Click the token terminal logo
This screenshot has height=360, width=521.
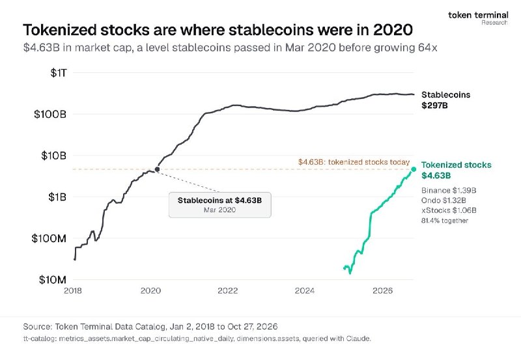478,18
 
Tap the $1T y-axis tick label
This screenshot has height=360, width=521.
59,73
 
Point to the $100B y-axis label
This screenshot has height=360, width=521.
50,114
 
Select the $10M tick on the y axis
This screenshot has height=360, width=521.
53,280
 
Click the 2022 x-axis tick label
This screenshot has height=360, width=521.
227,291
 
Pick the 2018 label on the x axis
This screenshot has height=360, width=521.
73,291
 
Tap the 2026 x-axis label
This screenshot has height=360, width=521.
382,291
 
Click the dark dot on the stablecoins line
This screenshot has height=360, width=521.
157,169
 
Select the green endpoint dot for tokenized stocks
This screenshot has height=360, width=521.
414,169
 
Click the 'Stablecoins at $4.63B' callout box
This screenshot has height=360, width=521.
220,205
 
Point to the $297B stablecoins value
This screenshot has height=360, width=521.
434,105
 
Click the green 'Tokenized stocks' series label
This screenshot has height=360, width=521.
457,165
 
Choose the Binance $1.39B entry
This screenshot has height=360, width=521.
449,191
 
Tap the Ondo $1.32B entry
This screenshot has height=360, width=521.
444,201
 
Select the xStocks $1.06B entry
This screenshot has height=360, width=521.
449,210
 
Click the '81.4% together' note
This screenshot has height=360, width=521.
445,221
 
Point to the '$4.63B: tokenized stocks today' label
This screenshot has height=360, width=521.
354,162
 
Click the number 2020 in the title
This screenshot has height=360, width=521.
393,30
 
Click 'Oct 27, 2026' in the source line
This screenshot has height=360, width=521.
252,326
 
